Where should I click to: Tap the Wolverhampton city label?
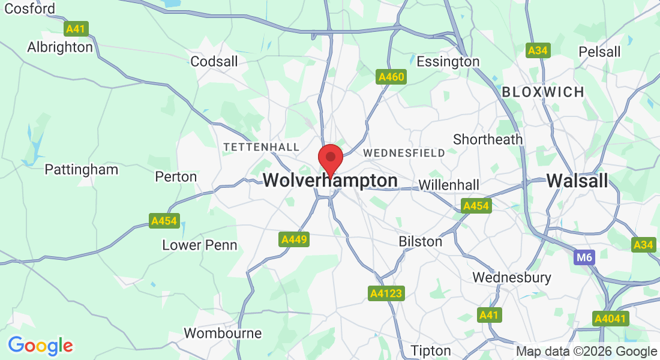330,181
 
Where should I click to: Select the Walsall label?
577,181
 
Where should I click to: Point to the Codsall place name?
214,61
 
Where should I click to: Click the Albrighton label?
60,47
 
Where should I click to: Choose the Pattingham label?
82,170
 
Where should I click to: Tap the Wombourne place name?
223,333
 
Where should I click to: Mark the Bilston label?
421,241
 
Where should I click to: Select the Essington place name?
448,62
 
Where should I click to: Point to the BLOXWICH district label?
543,92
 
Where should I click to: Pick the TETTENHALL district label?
261,147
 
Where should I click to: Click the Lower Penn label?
200,245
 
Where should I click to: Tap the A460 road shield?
391,77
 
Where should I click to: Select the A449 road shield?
295,240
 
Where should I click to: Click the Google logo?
40,346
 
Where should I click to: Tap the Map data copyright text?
586,352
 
